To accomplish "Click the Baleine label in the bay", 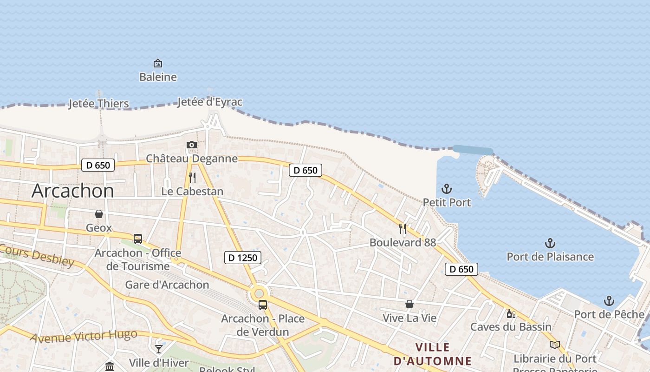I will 158,77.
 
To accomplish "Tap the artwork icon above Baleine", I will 158,63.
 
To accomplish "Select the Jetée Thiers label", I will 98,103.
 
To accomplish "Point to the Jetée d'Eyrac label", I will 210,102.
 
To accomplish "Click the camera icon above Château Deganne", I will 192,145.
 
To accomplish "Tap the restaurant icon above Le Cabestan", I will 192,177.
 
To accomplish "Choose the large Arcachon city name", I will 73,191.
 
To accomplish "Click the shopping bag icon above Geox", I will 99,214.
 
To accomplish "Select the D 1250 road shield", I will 243,257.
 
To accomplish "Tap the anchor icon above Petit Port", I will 446,189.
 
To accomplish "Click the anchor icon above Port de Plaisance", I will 550,243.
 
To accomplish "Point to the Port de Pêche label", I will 609,314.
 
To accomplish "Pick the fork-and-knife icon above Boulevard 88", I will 403,229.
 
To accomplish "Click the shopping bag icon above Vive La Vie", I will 409,304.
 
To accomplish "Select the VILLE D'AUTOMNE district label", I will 432,354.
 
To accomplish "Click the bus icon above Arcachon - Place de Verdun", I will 263,305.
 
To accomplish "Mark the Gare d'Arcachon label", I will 167,285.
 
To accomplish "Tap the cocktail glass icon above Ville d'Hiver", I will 159,349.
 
